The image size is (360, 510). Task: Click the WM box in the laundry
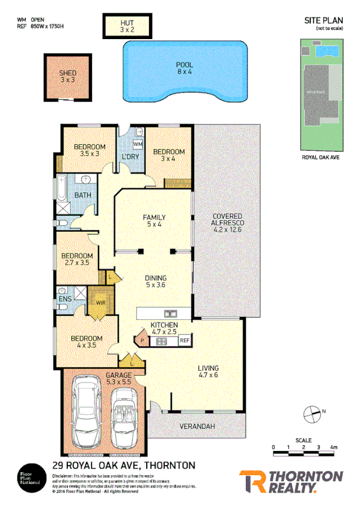[137, 145]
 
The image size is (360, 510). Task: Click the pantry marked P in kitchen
[142, 340]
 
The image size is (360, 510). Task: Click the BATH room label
[82, 195]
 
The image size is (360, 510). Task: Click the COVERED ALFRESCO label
[227, 221]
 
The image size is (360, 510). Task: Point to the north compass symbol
[313, 413]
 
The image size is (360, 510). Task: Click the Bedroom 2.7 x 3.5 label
[78, 259]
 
